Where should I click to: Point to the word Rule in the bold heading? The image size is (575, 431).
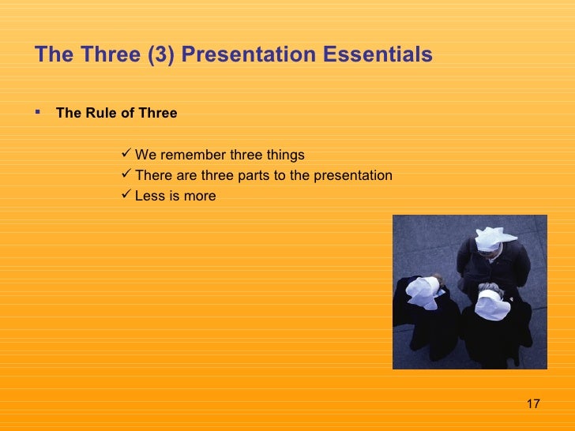[x=101, y=113]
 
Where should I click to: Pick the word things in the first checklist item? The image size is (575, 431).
[x=285, y=155]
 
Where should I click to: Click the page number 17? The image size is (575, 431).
[x=532, y=404]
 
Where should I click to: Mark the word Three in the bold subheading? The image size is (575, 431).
[x=157, y=113]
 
